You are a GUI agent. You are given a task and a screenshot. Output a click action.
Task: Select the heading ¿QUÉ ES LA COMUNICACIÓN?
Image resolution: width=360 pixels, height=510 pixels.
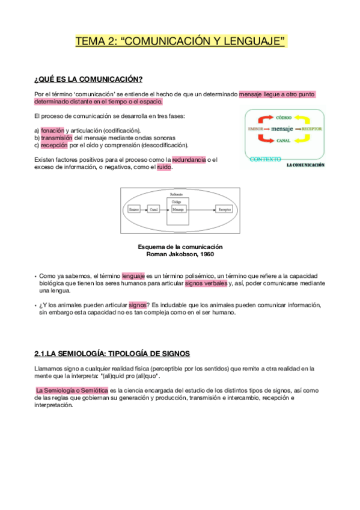[x=88, y=79]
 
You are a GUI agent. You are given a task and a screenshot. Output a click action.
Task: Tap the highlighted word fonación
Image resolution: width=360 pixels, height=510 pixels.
[x=52, y=130]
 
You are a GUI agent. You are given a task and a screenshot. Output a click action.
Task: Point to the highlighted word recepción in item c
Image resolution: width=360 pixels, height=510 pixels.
[x=54, y=145]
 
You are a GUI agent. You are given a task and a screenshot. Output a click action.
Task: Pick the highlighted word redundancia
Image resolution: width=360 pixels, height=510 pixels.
[x=189, y=159]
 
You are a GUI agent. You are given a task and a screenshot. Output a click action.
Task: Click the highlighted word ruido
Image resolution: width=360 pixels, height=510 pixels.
[x=164, y=167]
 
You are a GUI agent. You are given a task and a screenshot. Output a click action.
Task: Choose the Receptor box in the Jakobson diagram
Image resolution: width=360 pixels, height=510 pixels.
[x=225, y=209]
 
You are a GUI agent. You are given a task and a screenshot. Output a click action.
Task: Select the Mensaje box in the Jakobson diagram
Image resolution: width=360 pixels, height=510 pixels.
[x=178, y=209]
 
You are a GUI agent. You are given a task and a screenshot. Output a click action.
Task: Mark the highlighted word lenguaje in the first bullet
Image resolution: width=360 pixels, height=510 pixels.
[x=133, y=275]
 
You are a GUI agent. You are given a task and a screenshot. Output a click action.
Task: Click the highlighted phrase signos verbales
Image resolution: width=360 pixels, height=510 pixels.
[x=206, y=283]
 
